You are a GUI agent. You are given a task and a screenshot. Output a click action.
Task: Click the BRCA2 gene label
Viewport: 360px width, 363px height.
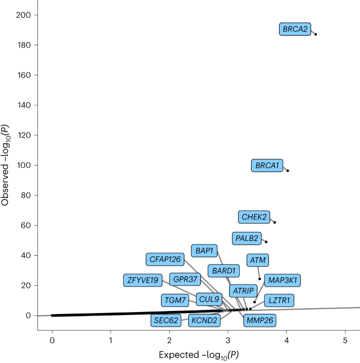(295, 29)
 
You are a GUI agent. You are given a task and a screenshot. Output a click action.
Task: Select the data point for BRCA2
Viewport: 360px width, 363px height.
(315, 34)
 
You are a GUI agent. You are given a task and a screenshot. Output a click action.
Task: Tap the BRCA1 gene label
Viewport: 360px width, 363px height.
(266, 166)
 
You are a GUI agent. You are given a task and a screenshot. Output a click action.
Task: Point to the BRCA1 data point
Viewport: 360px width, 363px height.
(287, 170)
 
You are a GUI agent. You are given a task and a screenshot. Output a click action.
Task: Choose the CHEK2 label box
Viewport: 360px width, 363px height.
(254, 217)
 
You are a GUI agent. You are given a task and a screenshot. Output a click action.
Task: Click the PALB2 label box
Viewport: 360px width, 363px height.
(246, 238)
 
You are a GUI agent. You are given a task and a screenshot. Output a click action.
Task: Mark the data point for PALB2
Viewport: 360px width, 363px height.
(266, 242)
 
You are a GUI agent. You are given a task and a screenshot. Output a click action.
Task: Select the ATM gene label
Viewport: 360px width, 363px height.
(258, 260)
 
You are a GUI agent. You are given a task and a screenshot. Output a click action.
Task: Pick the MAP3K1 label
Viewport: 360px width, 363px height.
(282, 280)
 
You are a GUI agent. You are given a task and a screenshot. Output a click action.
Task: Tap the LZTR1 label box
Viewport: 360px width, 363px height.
(279, 300)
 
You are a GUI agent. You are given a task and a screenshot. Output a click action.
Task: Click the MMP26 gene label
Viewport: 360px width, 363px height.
(259, 320)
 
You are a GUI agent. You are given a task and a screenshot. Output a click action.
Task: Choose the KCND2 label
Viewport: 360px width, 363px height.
(204, 320)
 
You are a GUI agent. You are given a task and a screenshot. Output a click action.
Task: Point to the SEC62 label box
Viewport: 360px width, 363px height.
(166, 320)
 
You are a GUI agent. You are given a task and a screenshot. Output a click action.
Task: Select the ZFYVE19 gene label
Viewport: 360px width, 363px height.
(141, 280)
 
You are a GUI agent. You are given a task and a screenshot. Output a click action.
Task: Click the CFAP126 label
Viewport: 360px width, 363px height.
(165, 259)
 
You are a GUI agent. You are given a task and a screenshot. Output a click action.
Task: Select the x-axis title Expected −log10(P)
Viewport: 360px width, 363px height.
(199, 355)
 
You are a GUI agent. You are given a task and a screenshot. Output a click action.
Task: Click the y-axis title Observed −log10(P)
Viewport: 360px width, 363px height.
(7, 165)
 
